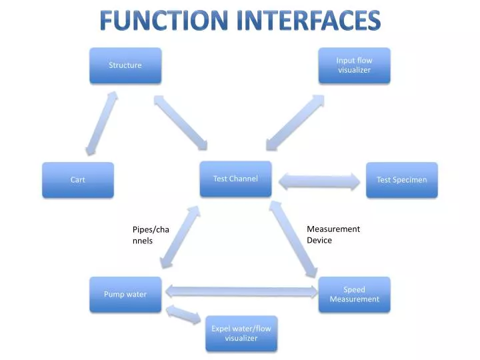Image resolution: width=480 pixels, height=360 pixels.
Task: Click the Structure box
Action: [125, 65]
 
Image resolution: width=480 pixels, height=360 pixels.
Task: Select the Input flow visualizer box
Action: [354, 65]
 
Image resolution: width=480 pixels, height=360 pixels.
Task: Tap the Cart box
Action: [78, 180]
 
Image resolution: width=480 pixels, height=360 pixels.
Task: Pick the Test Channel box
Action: [235, 179]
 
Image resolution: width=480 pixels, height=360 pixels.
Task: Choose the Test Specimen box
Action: [401, 180]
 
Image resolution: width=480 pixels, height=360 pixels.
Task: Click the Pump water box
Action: [125, 295]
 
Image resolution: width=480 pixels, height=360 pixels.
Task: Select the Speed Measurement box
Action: [354, 295]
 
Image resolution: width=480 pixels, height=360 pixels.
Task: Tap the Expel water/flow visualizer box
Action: [241, 333]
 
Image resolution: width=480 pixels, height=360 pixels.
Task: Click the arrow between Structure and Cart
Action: [101, 123]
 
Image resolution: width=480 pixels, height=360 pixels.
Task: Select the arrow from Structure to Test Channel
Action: [181, 122]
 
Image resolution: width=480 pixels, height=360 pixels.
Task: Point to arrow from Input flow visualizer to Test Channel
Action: [295, 122]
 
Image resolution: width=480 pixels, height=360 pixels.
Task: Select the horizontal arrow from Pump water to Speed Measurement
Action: [241, 291]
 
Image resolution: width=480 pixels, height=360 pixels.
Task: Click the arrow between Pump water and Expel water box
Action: [183, 315]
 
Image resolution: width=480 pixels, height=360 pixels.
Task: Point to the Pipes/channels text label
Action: [150, 235]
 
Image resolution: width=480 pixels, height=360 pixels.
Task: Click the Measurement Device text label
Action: [333, 234]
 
